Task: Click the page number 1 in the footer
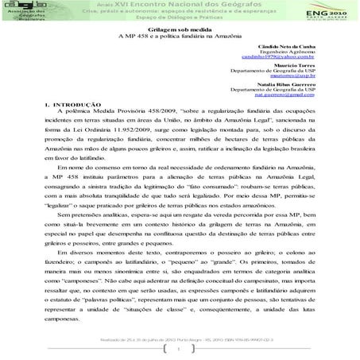(181, 349)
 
